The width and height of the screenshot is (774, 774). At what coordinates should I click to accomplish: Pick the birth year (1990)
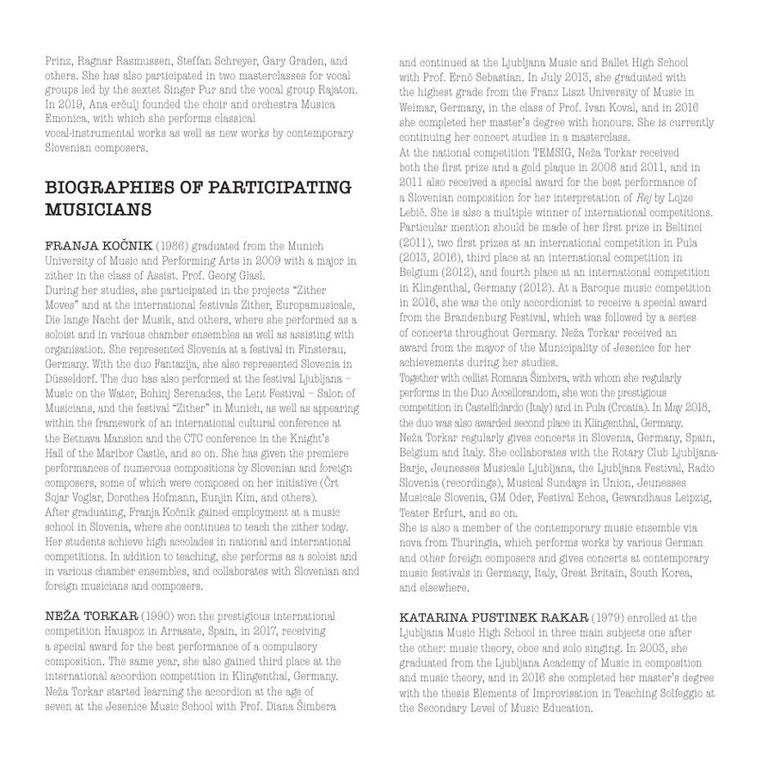click(x=157, y=617)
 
